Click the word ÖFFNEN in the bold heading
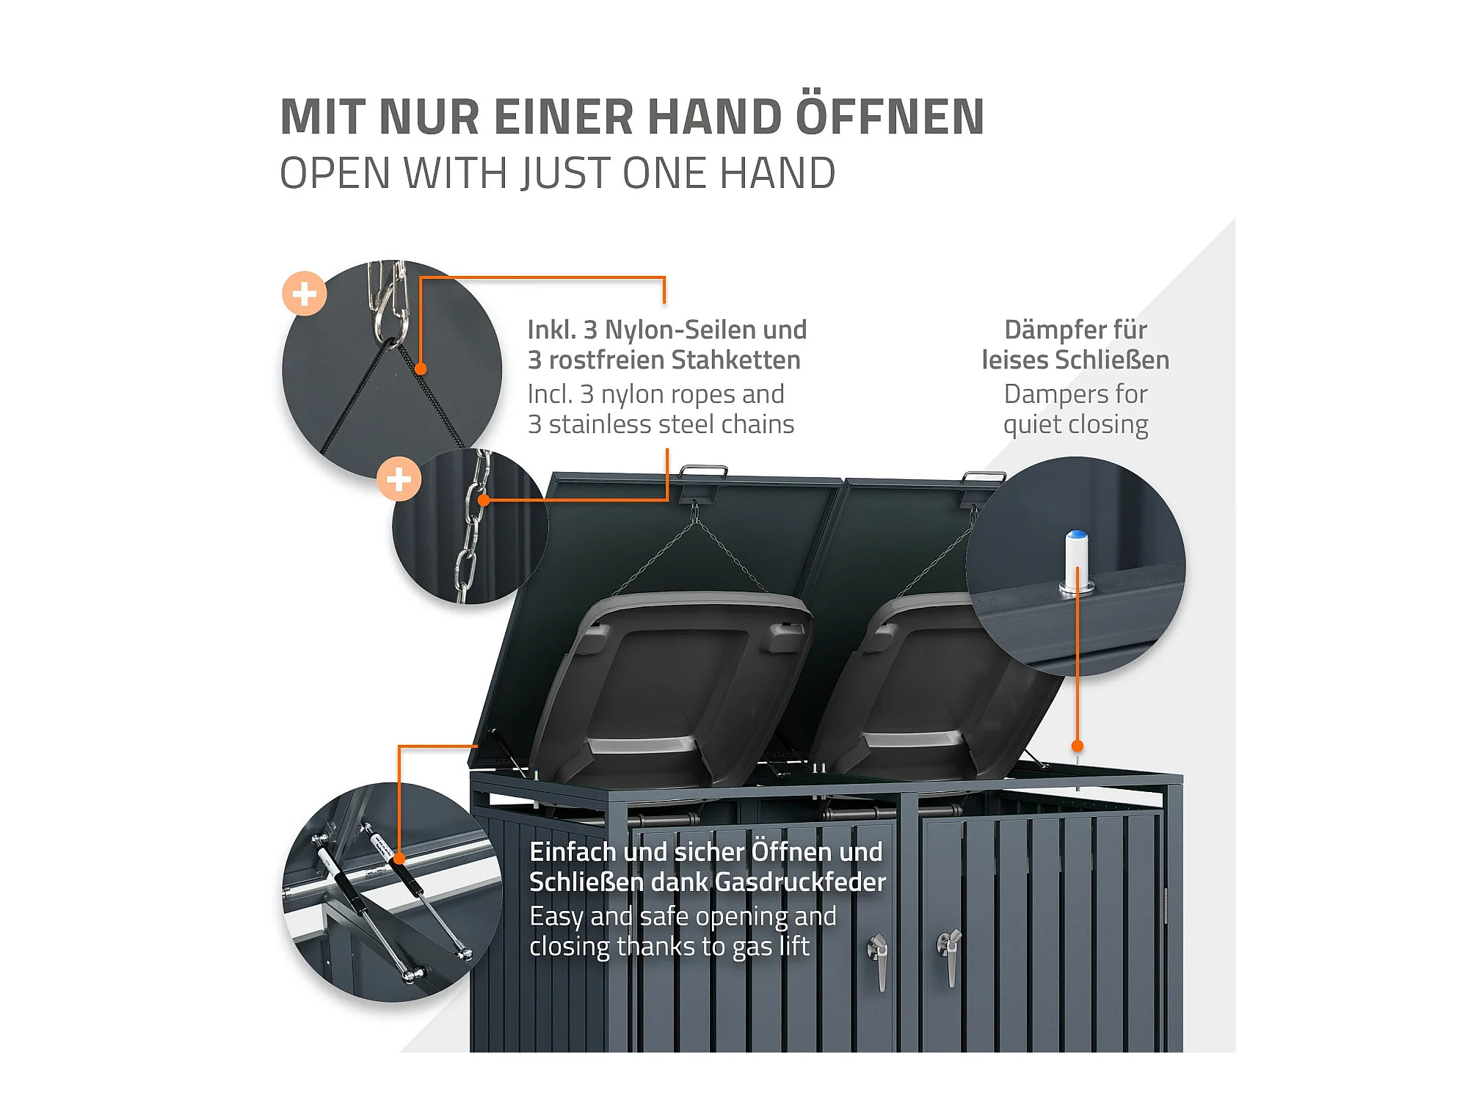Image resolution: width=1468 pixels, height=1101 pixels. tap(890, 117)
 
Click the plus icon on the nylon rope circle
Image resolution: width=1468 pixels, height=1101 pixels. tap(305, 294)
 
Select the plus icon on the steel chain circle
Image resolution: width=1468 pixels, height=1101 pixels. tap(399, 479)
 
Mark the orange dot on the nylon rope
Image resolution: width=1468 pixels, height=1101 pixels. tap(421, 368)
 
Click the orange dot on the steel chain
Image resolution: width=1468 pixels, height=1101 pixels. tap(484, 501)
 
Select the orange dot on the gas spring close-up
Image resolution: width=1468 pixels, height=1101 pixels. tap(399, 858)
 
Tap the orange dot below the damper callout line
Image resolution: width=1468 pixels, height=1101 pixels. tap(1077, 746)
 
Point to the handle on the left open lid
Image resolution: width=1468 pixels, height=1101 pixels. tap(703, 470)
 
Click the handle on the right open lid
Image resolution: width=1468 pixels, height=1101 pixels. tap(984, 477)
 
